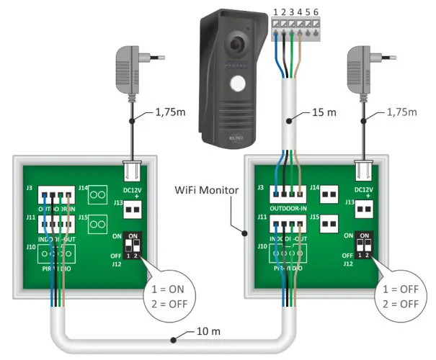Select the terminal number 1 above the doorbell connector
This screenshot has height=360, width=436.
(x=275, y=11)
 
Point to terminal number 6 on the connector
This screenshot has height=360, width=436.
(x=315, y=11)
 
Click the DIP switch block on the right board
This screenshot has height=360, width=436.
(x=365, y=245)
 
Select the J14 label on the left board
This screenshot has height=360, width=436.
(x=81, y=188)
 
